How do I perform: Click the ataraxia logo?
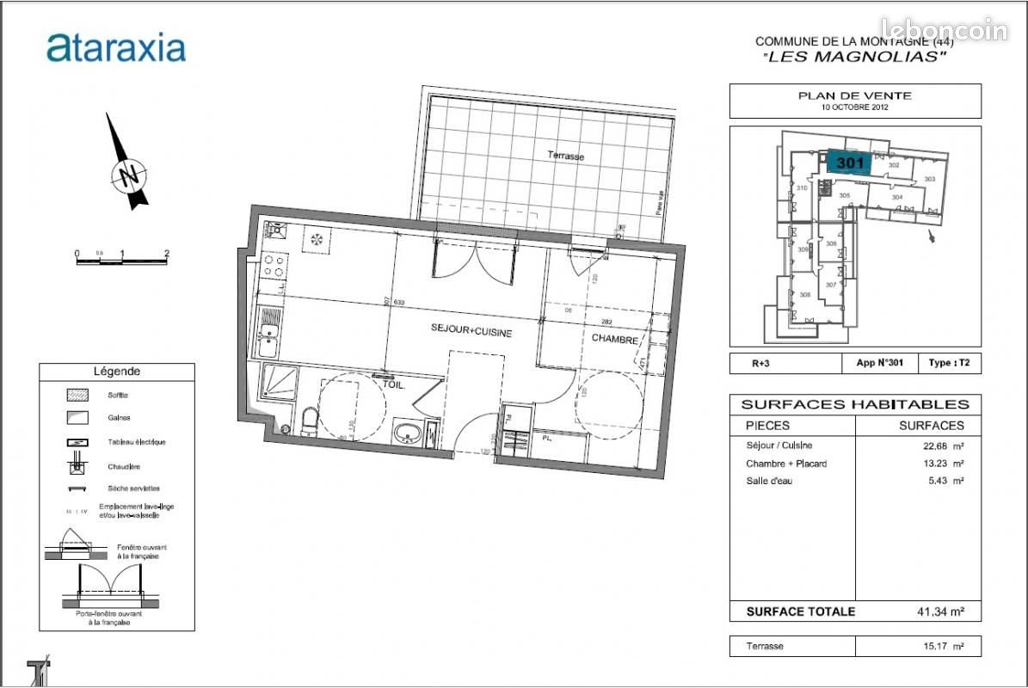point(116,47)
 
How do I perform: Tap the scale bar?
point(121,260)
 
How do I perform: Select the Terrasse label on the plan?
point(566,157)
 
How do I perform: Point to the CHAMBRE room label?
point(614,340)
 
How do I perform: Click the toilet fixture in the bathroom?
point(310,421)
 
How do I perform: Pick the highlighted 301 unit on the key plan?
point(850,163)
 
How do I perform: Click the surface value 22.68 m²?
point(938,445)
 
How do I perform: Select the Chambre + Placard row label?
point(786,464)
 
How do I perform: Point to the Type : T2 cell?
point(949,364)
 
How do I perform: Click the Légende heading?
point(116,372)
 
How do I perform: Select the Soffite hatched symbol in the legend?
point(78,396)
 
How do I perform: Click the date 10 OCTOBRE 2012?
point(854,108)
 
